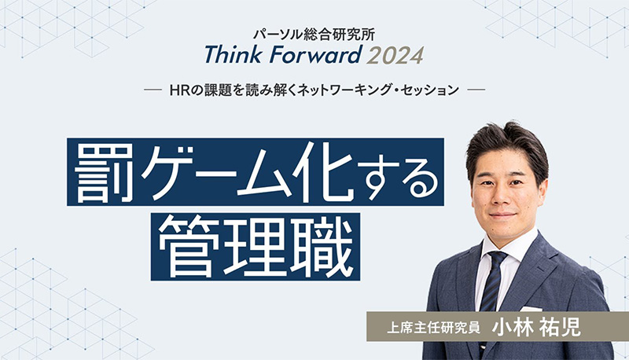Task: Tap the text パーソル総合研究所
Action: pos(314,35)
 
